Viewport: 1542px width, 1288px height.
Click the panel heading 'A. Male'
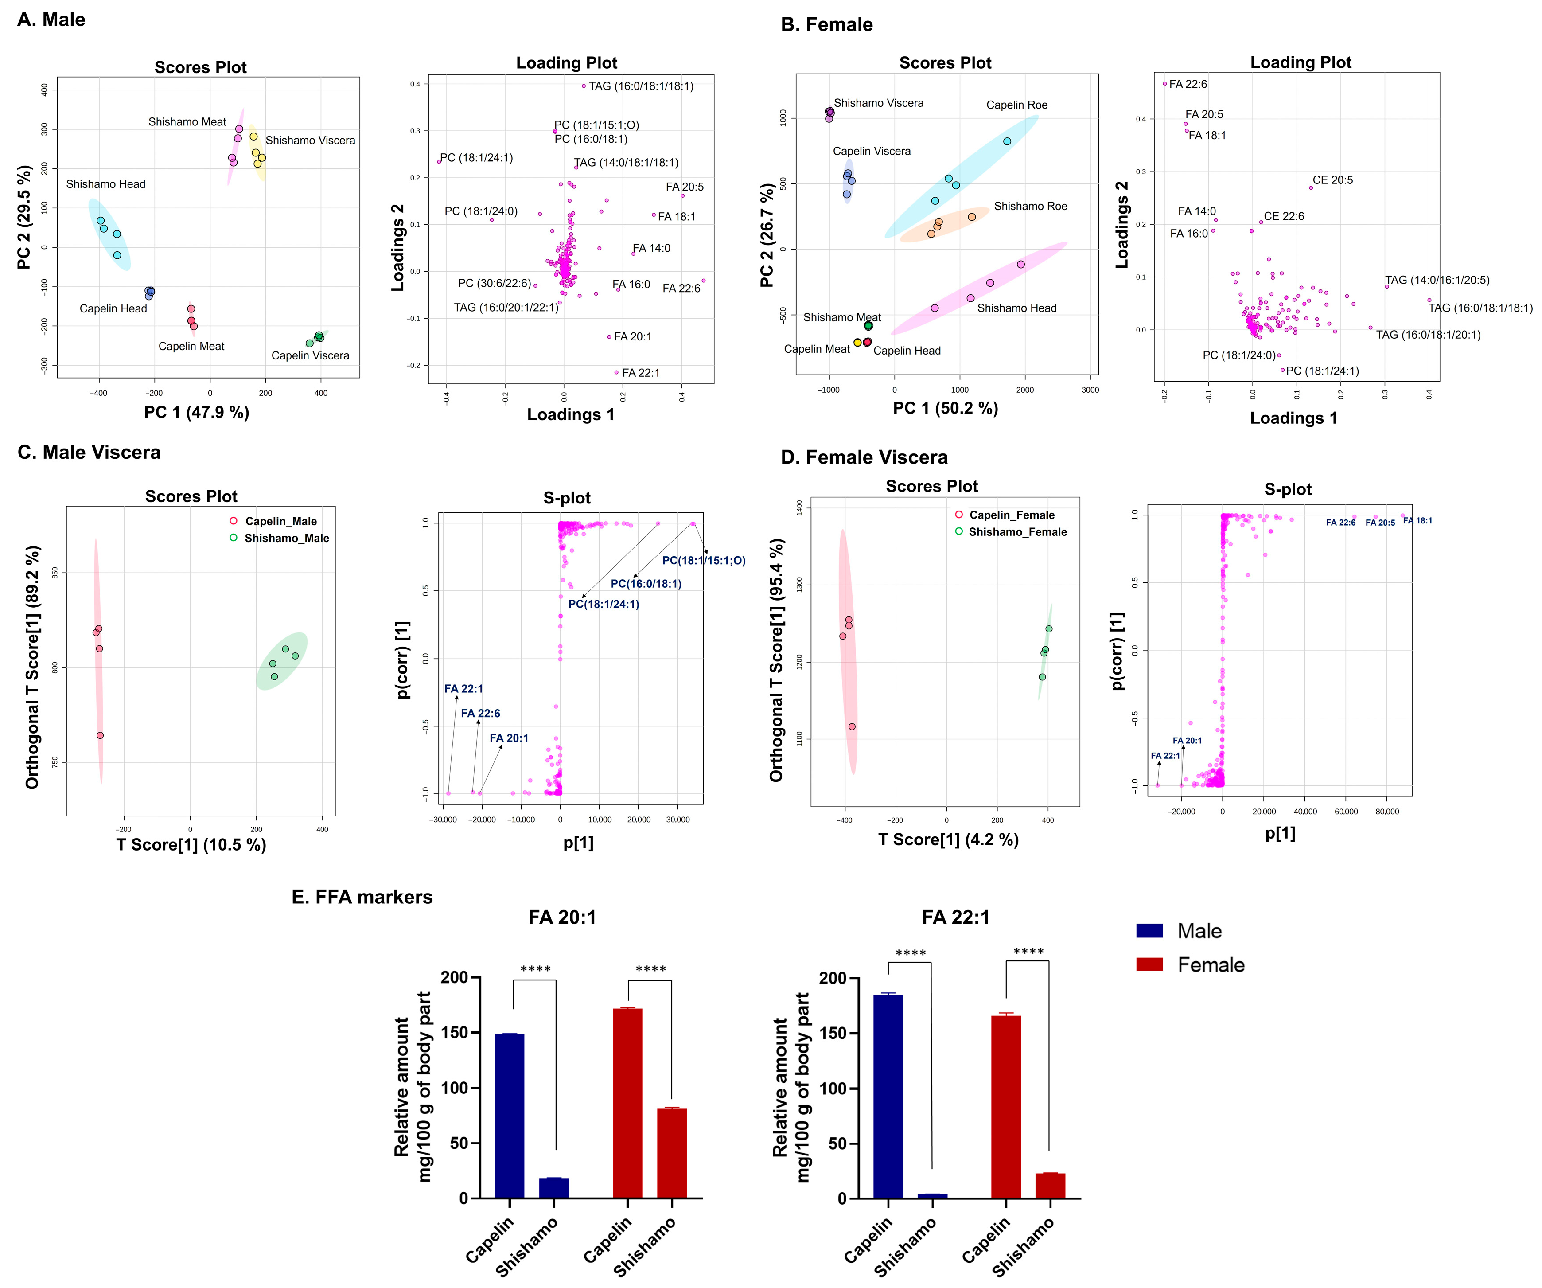click(x=51, y=20)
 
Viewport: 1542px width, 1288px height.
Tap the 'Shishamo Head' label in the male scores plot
click(x=106, y=184)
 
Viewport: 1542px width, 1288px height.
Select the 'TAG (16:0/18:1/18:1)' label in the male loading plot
click(x=641, y=86)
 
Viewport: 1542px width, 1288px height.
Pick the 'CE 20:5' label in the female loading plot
click(x=1333, y=180)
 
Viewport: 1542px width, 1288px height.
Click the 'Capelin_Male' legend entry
click(x=280, y=521)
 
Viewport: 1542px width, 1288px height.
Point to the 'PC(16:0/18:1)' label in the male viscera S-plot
click(x=646, y=584)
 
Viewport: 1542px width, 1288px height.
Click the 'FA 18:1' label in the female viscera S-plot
click(x=1417, y=521)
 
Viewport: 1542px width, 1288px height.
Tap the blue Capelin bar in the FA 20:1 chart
click(x=510, y=1116)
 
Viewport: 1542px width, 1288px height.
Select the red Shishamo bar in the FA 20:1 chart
click(x=672, y=1154)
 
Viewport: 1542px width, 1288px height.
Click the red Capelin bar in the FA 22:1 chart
click(x=1006, y=1107)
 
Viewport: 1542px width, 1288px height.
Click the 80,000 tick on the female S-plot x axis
click(x=1386, y=812)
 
